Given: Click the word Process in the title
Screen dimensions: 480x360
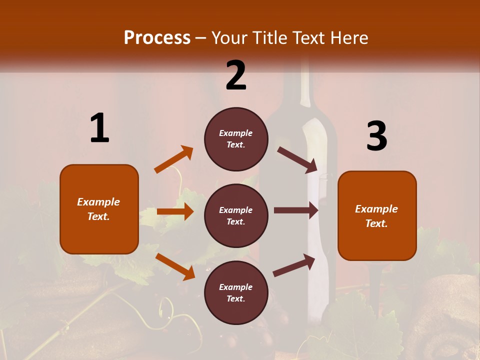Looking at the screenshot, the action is point(157,38).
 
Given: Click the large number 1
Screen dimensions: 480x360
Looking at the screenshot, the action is point(99,128).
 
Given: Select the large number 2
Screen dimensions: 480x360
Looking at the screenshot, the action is point(236,75).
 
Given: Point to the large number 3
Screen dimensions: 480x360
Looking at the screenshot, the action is point(376,136).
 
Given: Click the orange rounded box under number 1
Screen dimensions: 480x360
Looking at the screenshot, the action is point(99,209).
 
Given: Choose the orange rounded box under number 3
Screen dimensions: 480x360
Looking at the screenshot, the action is point(377,215).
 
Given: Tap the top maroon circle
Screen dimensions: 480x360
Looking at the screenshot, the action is point(236,139).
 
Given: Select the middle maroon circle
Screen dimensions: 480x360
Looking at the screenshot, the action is point(236,215).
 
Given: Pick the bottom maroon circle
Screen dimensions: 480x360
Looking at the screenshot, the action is point(236,292).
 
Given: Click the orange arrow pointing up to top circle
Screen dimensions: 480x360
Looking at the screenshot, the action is point(174,159).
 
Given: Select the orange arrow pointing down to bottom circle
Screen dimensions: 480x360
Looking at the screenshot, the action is point(175,266).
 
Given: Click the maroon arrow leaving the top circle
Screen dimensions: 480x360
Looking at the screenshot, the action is point(297,160).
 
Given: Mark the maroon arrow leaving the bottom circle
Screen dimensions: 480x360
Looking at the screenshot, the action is point(294,265).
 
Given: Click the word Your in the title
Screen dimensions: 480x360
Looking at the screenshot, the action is point(229,38).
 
